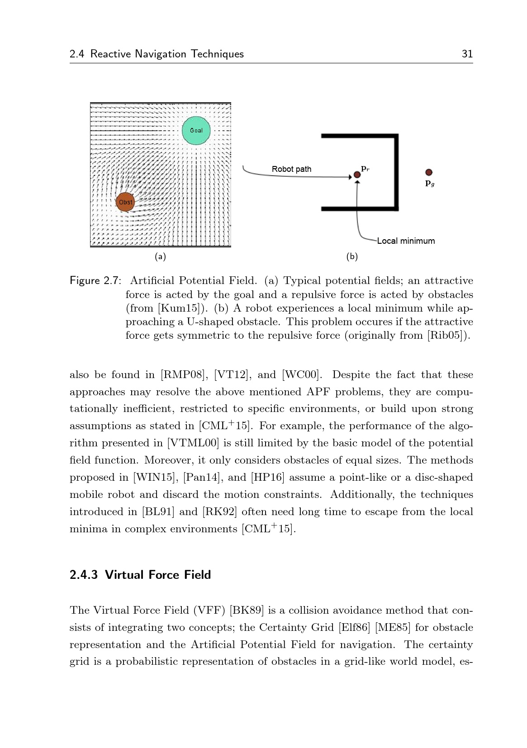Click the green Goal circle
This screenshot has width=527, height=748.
(x=196, y=130)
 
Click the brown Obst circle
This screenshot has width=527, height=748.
(x=125, y=202)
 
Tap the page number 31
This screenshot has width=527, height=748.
(x=467, y=54)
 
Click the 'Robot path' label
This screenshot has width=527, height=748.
(x=291, y=169)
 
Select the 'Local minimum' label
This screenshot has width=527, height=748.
(x=406, y=241)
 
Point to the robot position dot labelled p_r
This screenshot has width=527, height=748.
(x=357, y=175)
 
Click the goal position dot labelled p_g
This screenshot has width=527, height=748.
(x=429, y=172)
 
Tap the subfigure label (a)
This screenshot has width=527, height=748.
(x=160, y=256)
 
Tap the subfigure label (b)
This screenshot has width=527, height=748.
(x=352, y=256)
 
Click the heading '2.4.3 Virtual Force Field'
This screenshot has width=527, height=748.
(x=140, y=574)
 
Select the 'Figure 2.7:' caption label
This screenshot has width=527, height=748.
(x=95, y=281)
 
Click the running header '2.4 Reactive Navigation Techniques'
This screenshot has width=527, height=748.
(x=157, y=54)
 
